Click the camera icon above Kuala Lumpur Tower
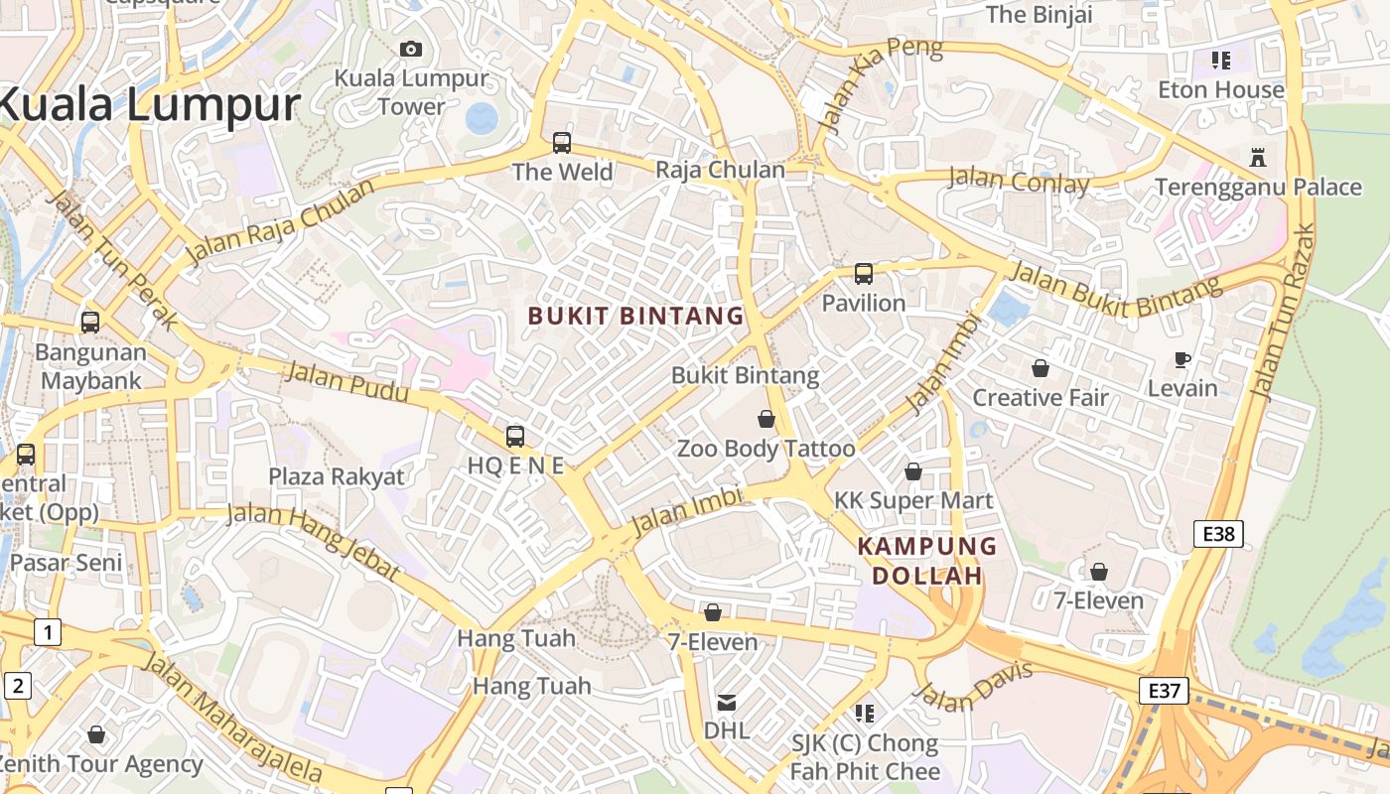coord(410,49)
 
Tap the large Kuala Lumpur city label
coord(149,105)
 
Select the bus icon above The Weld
coord(562,143)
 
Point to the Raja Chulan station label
coord(720,170)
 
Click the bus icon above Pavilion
coord(864,273)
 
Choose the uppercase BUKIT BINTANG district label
coord(635,317)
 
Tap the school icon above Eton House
coord(1221,61)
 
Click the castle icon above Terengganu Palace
coord(1258,158)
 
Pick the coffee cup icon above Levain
coord(1181,359)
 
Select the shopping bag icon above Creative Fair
coord(1040,368)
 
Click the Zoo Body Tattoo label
coord(765,449)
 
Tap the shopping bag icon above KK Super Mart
coord(913,471)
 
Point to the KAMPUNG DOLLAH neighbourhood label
coord(927,561)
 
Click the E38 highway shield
coord(1218,535)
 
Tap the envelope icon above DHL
coord(727,703)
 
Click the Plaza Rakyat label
coord(337,476)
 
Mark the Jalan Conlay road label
coord(1019,181)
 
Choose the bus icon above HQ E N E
coord(515,436)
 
